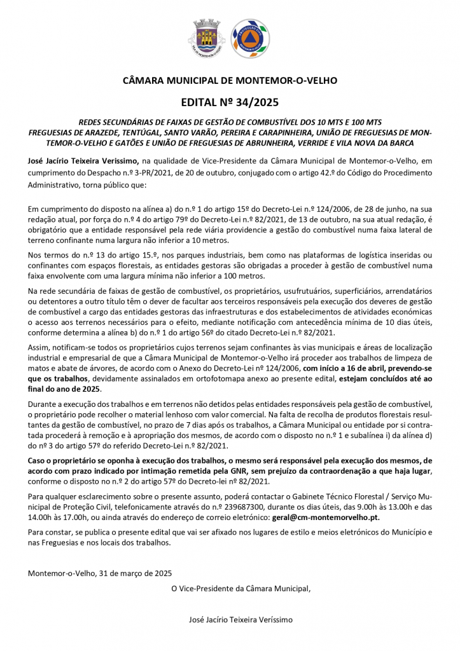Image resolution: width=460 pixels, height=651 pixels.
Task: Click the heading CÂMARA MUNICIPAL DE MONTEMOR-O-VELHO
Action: pyautogui.click(x=230, y=81)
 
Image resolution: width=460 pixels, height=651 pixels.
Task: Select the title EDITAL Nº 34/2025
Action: pyautogui.click(x=230, y=102)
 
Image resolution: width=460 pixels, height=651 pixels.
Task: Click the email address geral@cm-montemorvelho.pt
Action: pyautogui.click(x=326, y=518)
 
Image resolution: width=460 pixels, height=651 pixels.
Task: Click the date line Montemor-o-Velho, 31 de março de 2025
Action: pyautogui.click(x=100, y=573)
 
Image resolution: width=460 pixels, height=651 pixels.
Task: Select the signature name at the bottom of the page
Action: pyautogui.click(x=241, y=619)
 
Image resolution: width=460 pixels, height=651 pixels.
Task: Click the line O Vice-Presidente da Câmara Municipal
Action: pyautogui.click(x=241, y=588)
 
